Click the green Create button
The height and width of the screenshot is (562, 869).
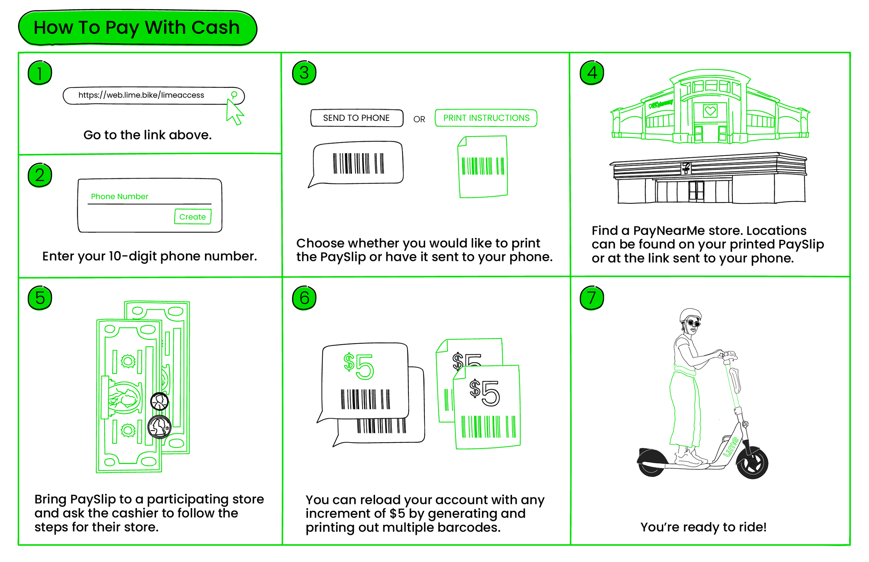[x=193, y=217]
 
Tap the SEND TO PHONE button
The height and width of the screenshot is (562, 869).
[x=356, y=118]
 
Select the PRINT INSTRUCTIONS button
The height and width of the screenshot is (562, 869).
[x=486, y=118]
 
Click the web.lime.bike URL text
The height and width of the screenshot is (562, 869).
[x=141, y=95]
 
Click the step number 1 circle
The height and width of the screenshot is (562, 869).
[x=40, y=73]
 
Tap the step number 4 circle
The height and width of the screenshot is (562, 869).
[x=592, y=73]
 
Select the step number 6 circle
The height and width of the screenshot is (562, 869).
[x=304, y=298]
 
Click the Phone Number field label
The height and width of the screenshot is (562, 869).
[x=119, y=196]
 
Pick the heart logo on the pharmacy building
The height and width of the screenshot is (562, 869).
[x=710, y=110]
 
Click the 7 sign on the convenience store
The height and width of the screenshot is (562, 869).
[x=687, y=167]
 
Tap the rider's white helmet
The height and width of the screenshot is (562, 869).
[x=690, y=315]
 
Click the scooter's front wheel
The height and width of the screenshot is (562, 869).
[x=753, y=463]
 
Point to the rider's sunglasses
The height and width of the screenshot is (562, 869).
[x=693, y=323]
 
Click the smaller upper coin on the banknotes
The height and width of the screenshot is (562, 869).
[x=160, y=402]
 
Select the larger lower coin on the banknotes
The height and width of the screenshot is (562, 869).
[x=159, y=426]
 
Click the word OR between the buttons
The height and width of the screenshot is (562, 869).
[x=419, y=119]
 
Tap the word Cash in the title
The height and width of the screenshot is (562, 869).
[x=215, y=28]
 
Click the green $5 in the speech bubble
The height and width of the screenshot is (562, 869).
[x=359, y=366]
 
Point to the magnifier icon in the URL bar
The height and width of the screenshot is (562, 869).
[x=234, y=95]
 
